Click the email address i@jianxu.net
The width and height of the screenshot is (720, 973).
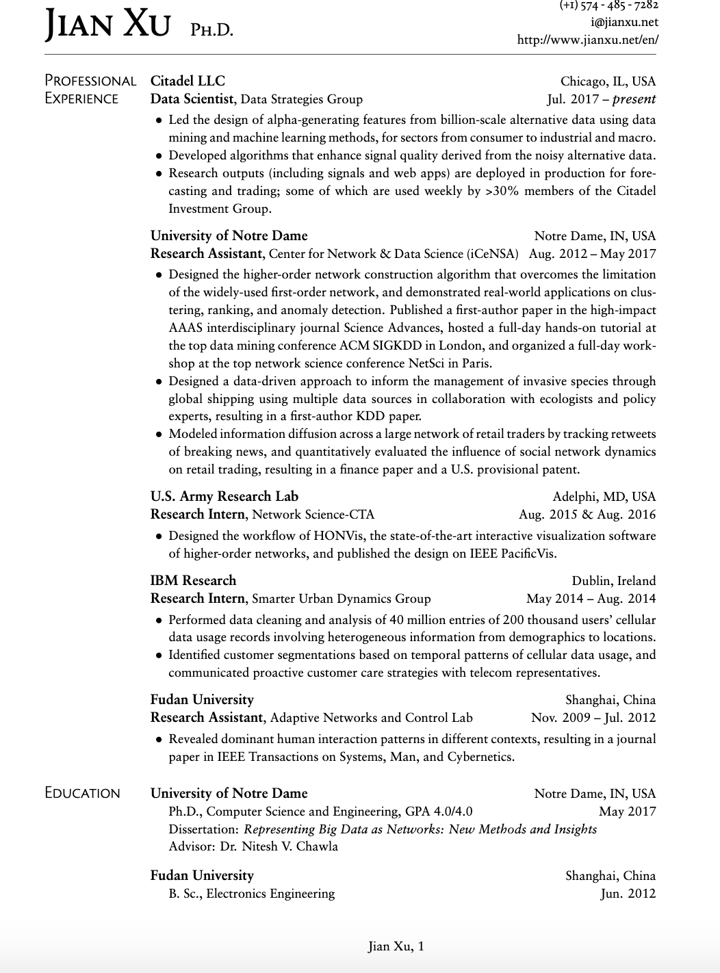tap(625, 22)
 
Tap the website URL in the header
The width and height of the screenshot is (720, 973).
tap(588, 40)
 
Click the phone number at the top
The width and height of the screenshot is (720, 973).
tap(609, 5)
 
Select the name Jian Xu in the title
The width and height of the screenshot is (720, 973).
tap(107, 26)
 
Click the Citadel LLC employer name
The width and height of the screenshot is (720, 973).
tap(188, 81)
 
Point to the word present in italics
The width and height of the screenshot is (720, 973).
tap(634, 99)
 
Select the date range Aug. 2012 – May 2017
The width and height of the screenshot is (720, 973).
tap(592, 254)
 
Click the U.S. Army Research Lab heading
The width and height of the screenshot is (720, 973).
tap(224, 496)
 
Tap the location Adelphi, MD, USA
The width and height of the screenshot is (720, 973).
tap(604, 497)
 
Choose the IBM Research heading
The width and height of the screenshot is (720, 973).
tap(193, 580)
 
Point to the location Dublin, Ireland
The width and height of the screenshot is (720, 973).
tap(614, 581)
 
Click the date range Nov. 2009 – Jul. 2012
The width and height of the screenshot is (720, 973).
tap(593, 718)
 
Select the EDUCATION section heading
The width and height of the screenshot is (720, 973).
tap(82, 793)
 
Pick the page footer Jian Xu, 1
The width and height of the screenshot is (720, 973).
tap(396, 946)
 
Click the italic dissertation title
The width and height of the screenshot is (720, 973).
tap(420, 829)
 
